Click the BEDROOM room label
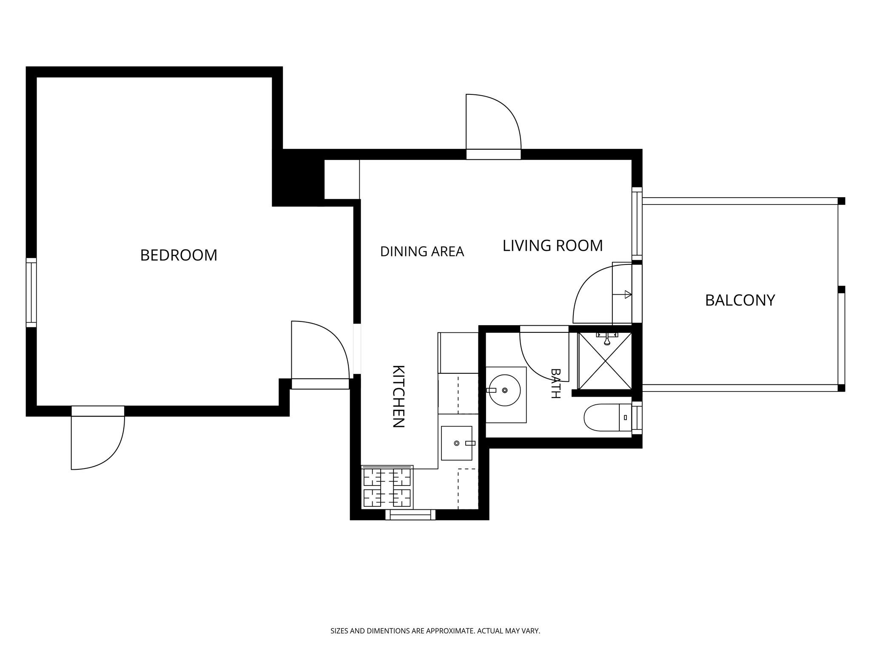179,255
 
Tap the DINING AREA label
422,252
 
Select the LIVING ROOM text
552,246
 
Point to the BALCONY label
740,300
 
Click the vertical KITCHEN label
398,396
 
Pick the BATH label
555,383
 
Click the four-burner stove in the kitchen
387,488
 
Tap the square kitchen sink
457,443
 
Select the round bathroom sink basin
505,390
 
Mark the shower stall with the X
605,361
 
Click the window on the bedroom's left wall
31,292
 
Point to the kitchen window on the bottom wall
410,514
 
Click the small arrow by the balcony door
622,294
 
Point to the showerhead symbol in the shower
607,339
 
